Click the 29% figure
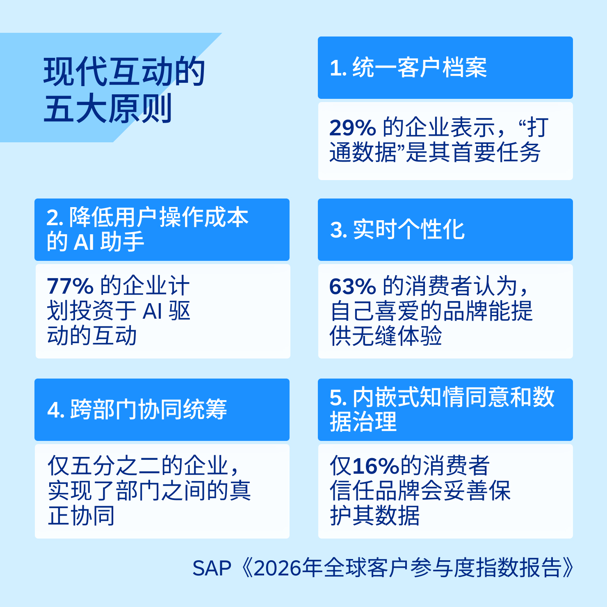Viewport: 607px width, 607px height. (x=352, y=128)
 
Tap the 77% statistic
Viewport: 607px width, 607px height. (x=70, y=286)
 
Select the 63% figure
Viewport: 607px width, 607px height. (x=352, y=286)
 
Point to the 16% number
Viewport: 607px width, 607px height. (x=376, y=466)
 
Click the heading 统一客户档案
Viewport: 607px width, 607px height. (x=420, y=68)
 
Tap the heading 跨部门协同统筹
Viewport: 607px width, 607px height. (x=148, y=409)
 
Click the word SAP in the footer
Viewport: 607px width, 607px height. (x=212, y=568)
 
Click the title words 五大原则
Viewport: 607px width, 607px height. (x=108, y=109)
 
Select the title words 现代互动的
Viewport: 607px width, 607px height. (x=124, y=72)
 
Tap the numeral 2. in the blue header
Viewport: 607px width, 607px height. (x=55, y=217)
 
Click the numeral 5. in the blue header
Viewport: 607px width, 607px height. (x=338, y=397)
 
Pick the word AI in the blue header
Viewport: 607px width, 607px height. (x=84, y=242)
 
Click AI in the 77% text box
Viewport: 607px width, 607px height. (x=152, y=311)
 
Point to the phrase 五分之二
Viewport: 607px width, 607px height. (x=115, y=466)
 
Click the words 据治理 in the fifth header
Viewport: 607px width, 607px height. (x=363, y=422)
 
